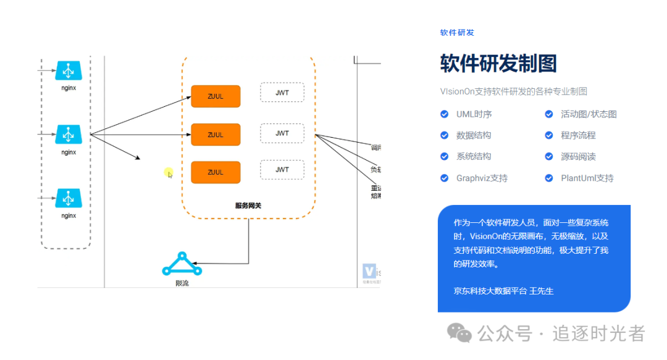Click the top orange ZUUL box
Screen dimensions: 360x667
point(216,96)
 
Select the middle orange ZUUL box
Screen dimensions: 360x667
point(216,135)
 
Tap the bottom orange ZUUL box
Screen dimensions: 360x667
point(216,172)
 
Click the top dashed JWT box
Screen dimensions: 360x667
point(282,93)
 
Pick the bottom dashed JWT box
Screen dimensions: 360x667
point(282,169)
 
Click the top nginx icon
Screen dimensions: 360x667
point(69,70)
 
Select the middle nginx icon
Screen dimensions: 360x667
point(69,134)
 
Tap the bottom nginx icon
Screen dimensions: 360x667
point(69,198)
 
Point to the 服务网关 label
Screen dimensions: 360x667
point(248,206)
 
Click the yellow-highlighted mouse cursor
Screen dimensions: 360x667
point(169,174)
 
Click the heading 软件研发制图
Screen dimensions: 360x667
point(498,64)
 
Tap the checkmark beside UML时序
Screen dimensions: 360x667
point(444,114)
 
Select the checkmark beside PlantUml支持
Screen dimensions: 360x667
point(548,178)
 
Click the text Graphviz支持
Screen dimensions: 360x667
point(482,178)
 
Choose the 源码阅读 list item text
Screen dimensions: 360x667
point(578,157)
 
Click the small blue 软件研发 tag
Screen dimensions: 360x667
point(457,33)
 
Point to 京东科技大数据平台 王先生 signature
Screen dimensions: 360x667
point(503,290)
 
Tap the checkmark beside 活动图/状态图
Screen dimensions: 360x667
point(548,114)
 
